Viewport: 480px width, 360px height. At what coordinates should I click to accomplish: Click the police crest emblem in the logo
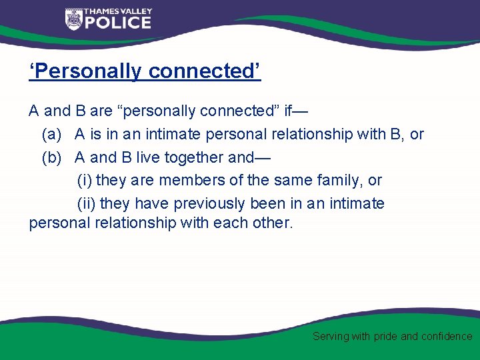73,19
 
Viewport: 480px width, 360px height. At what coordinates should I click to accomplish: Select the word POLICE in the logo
118,23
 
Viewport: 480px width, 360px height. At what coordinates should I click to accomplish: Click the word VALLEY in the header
137,11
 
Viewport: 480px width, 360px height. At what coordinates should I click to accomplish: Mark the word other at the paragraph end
272,223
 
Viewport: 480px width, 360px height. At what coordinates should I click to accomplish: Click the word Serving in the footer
331,337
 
